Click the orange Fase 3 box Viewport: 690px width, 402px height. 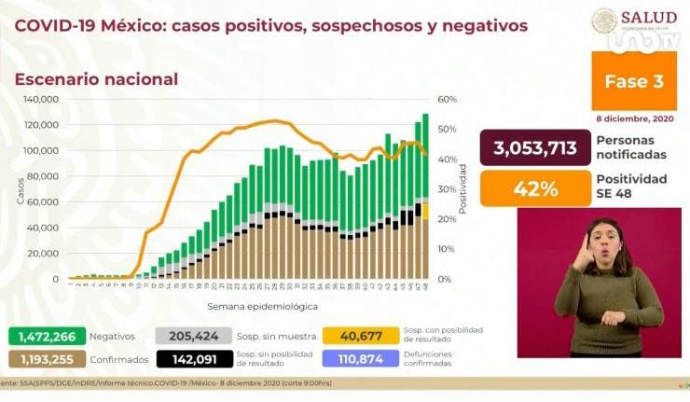[x=634, y=81]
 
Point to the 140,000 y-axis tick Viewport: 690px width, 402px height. [x=41, y=99]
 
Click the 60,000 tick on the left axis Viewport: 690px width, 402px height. [x=44, y=201]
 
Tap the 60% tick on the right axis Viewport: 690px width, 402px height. [x=447, y=99]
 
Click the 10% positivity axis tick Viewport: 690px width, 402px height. [x=447, y=249]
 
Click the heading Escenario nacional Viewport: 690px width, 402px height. [x=96, y=79]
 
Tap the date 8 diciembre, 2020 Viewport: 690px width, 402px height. [x=632, y=117]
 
